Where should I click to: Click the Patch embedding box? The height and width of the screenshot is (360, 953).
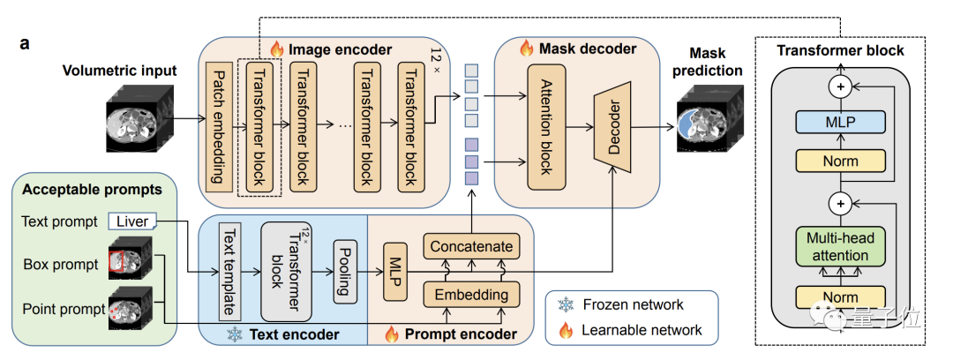216,125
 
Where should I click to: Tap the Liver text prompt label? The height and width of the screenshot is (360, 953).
132,221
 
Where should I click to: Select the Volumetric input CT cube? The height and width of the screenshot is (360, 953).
136,124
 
